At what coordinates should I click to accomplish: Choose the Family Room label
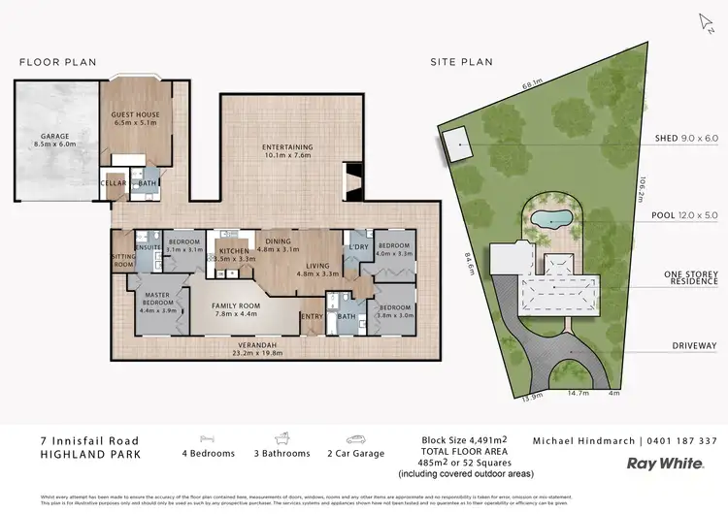point(236,308)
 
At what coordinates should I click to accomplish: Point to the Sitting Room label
point(123,260)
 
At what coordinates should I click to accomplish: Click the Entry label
point(313,316)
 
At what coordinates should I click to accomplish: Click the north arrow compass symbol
point(705,21)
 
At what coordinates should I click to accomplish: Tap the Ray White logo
point(665,464)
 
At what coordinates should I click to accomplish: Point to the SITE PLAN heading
point(461,62)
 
